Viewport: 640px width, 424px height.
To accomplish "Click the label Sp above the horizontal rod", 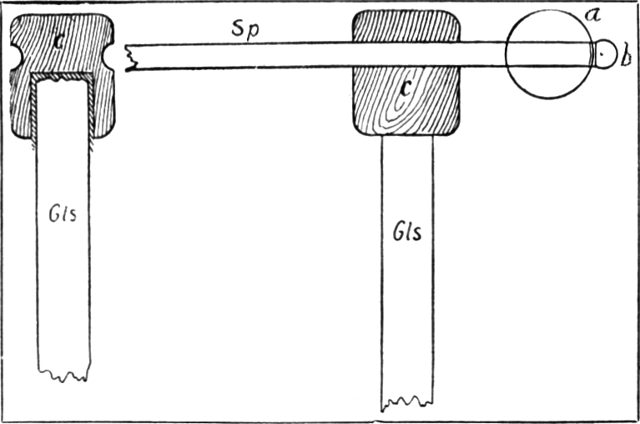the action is (245, 30).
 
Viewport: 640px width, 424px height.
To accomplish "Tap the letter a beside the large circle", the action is (592, 16).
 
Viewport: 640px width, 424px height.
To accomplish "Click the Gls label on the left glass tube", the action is (63, 214).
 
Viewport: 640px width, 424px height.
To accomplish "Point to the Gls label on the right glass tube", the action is (407, 232).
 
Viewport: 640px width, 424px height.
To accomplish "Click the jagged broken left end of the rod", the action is (132, 58).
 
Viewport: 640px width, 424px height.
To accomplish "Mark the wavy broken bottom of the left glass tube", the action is (63, 375).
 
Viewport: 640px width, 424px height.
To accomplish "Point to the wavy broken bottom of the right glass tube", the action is (407, 403).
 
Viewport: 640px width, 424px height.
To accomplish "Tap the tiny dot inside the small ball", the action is (602, 53).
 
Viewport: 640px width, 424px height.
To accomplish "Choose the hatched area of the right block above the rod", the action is (406, 26).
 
